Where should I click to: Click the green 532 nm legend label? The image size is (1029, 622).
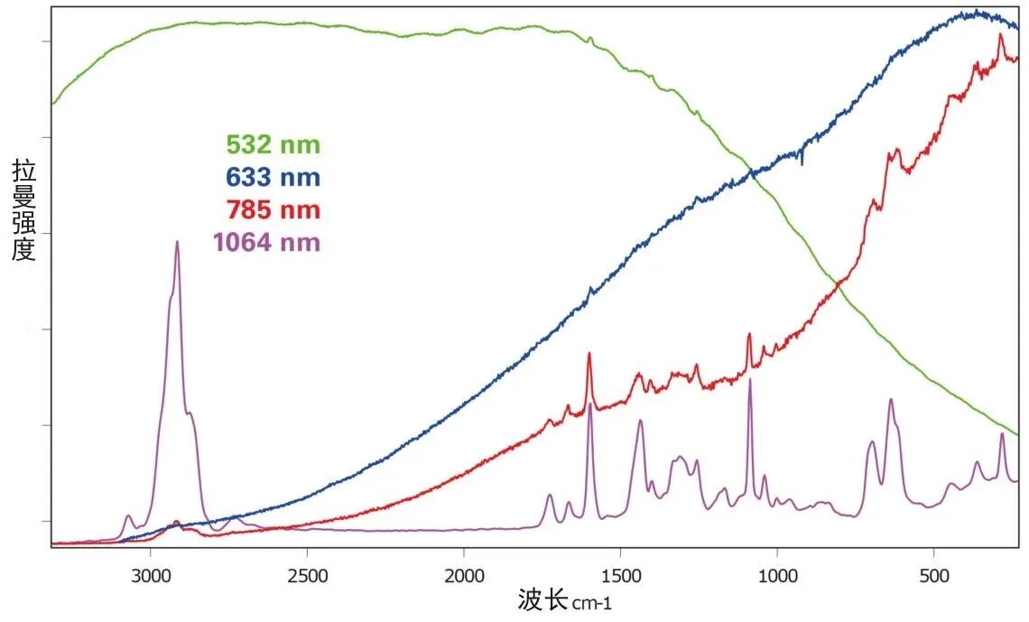273,144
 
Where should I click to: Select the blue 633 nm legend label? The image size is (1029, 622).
273,177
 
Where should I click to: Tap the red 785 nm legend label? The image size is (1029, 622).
273,210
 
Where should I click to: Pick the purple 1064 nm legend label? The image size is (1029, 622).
266,243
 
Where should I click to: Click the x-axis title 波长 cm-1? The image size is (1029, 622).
570,599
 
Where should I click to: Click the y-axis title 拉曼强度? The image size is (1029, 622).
23,209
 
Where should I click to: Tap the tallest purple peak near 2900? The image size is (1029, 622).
177,242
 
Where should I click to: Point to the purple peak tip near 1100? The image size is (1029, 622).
750,380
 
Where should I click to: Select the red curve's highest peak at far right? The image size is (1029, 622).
1000,34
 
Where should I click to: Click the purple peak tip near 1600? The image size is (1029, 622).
590,404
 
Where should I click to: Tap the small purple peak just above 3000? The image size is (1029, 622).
128,516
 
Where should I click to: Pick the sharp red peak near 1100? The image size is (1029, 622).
749,334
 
